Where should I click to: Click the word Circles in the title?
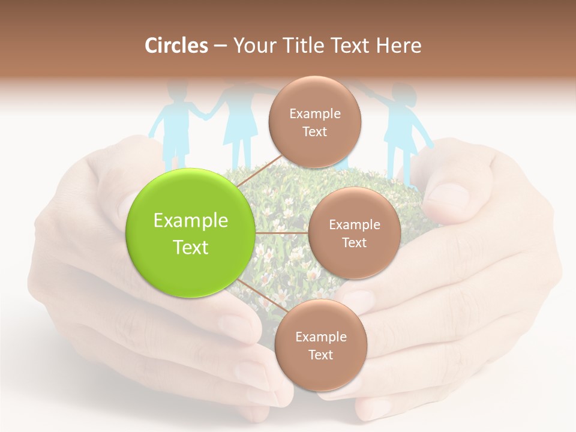[x=176, y=46]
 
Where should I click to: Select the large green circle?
[x=191, y=233]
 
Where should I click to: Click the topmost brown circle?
[x=314, y=122]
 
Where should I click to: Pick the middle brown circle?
[x=354, y=233]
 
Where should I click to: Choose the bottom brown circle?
[x=320, y=345]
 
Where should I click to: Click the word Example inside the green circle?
[x=191, y=220]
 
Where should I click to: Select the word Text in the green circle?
[x=191, y=247]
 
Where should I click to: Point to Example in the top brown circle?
[x=314, y=113]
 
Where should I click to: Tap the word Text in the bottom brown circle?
[x=320, y=355]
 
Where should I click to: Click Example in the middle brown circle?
[x=354, y=224]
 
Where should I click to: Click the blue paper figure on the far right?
[x=401, y=126]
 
